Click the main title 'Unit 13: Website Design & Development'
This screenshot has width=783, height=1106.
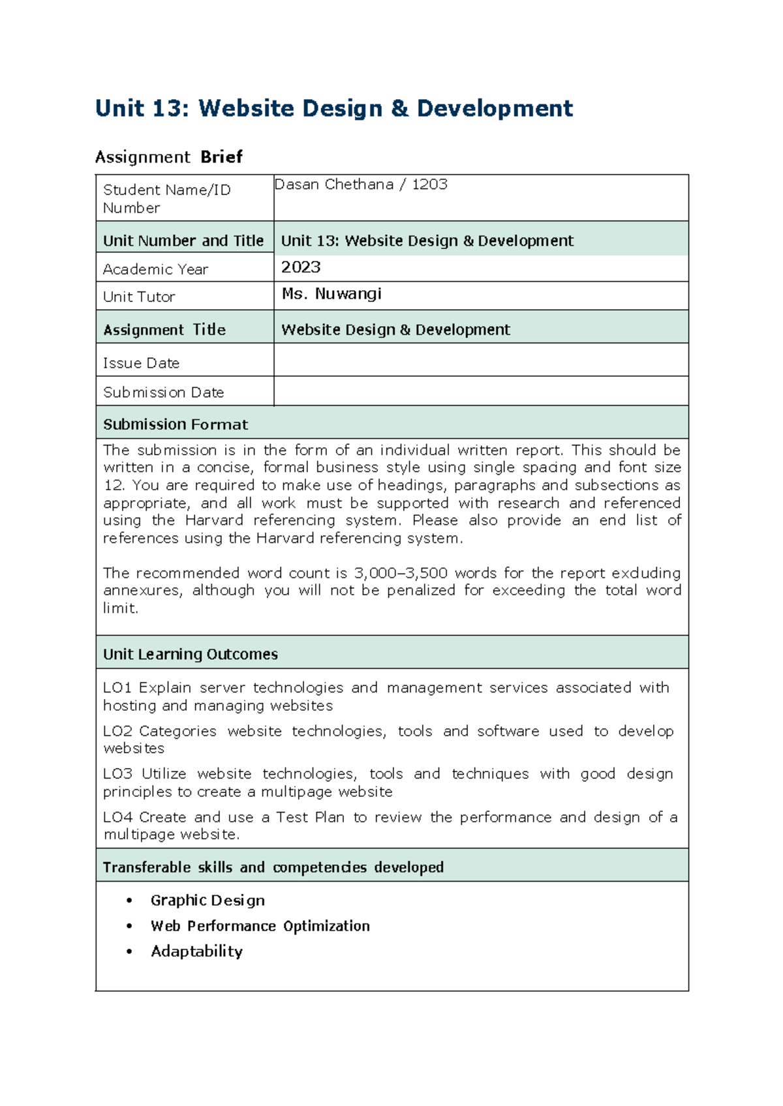tap(333, 108)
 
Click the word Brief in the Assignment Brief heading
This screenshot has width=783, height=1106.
tap(221, 157)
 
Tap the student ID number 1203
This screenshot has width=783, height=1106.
tap(429, 185)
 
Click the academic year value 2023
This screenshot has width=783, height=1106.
tap(301, 267)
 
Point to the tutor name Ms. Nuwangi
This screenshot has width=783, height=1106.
tap(331, 294)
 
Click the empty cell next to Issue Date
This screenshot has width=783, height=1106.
tap(481, 360)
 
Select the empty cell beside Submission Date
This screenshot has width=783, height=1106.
tap(481, 391)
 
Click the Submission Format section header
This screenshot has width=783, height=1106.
tap(176, 425)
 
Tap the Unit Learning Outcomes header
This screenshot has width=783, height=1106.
tap(190, 654)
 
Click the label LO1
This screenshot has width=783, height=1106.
tap(117, 688)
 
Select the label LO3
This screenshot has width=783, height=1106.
tap(117, 774)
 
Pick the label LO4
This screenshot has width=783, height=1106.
tap(117, 818)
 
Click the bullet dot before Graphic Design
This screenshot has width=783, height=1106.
tap(130, 901)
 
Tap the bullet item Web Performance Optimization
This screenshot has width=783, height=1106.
tap(260, 926)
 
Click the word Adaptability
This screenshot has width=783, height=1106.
tap(196, 951)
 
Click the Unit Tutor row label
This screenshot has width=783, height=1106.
tap(139, 297)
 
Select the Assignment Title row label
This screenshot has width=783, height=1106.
tap(164, 330)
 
